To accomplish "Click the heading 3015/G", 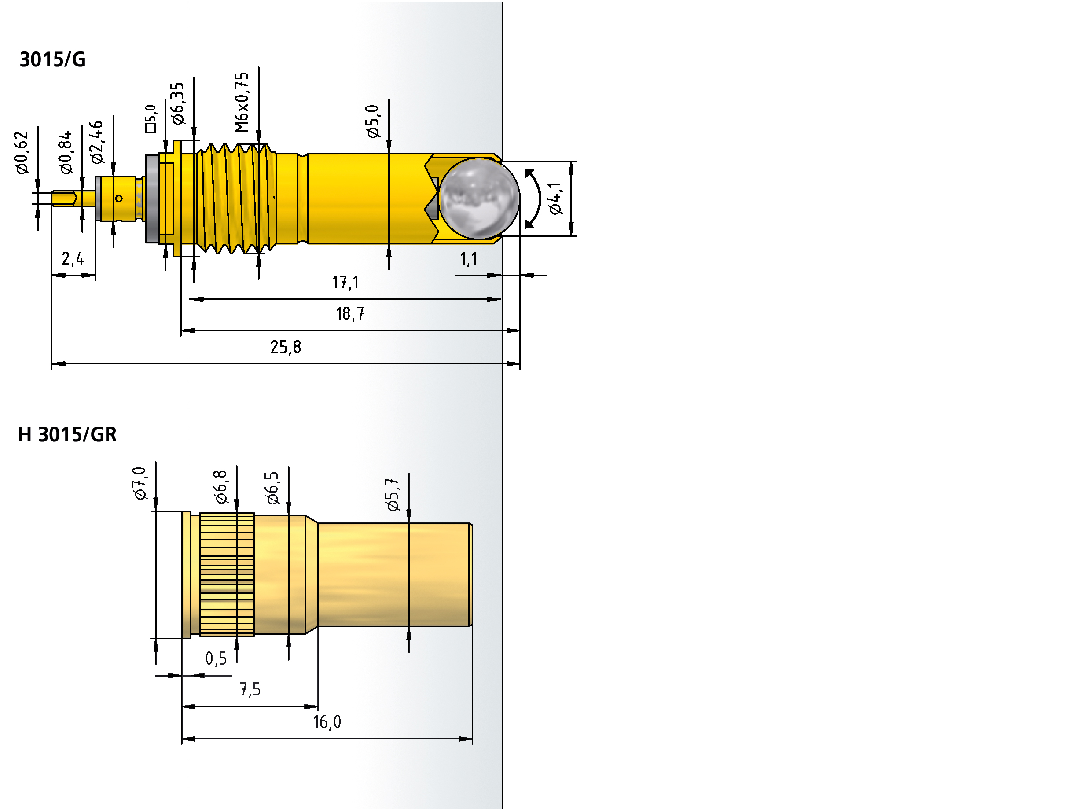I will click(52, 60).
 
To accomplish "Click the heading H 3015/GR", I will click(67, 434).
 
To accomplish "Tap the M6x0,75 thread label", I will click(242, 103).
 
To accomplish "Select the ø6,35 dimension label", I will click(177, 103).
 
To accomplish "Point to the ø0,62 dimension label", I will click(22, 152).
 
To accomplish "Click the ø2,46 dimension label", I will click(97, 142).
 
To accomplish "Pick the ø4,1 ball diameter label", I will click(555, 199).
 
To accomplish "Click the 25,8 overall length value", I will click(286, 347).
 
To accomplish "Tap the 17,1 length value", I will click(345, 283).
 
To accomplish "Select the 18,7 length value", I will click(349, 314).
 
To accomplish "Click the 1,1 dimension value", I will click(468, 258).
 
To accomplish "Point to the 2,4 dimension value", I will click(73, 258).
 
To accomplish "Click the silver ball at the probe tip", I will click(478, 199).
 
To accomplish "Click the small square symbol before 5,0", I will click(151, 128).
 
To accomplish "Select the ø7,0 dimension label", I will click(140, 483).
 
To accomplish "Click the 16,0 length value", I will click(327, 722).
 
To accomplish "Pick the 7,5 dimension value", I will click(250, 690).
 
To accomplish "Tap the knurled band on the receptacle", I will click(227, 574).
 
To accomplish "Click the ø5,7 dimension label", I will click(393, 495).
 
